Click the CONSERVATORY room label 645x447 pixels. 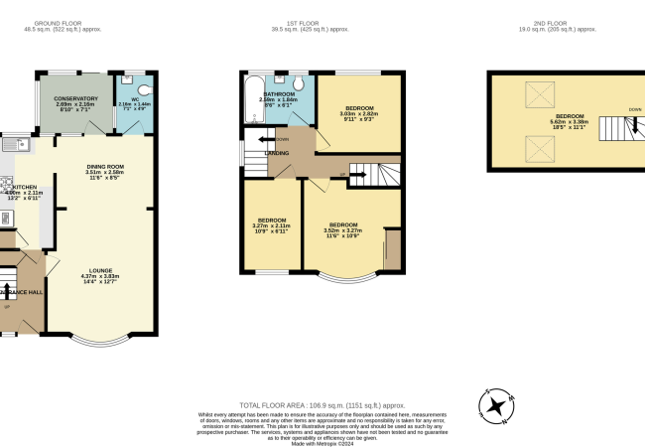tap(76, 98)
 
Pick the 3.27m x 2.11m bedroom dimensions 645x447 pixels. tap(272, 225)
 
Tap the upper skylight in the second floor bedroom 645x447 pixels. tap(541, 96)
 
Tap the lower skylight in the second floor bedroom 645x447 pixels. tap(541, 149)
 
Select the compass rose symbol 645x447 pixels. tap(496, 405)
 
